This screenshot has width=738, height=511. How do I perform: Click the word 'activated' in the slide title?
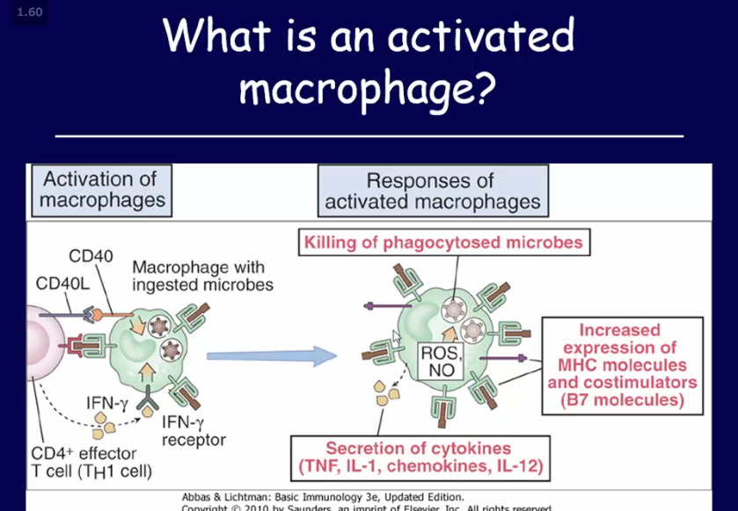point(480,37)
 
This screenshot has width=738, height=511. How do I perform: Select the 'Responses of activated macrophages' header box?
point(432,191)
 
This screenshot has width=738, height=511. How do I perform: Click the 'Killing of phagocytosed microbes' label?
point(443,242)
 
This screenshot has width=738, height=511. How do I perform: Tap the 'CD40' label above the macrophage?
point(91,257)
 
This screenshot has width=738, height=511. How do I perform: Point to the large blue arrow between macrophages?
point(272,355)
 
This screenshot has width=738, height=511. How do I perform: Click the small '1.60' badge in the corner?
point(29,12)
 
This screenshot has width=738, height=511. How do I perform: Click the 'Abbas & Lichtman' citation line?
point(322,496)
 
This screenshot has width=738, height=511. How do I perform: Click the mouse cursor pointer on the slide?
point(397,335)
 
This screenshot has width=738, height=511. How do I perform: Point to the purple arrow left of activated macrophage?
point(381,305)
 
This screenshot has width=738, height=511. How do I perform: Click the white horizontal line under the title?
point(369,136)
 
